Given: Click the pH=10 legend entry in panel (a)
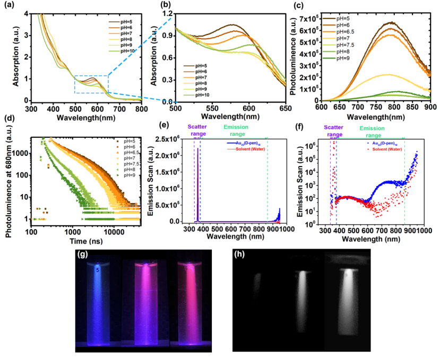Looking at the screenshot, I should (x=123, y=51).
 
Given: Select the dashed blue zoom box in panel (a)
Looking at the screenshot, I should (x=92, y=84).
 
